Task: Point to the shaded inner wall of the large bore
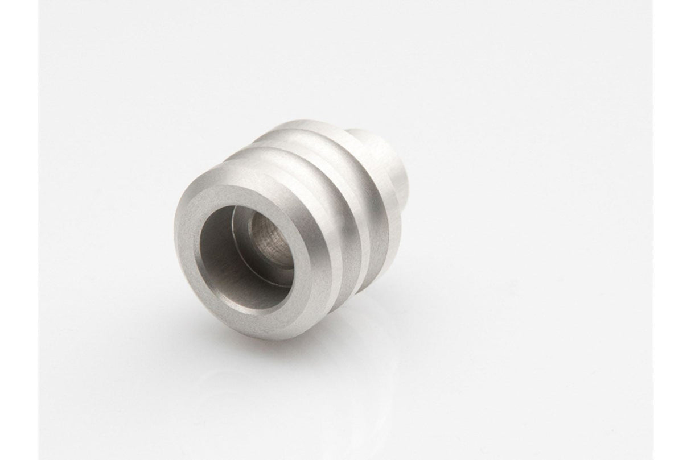point(222,256)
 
